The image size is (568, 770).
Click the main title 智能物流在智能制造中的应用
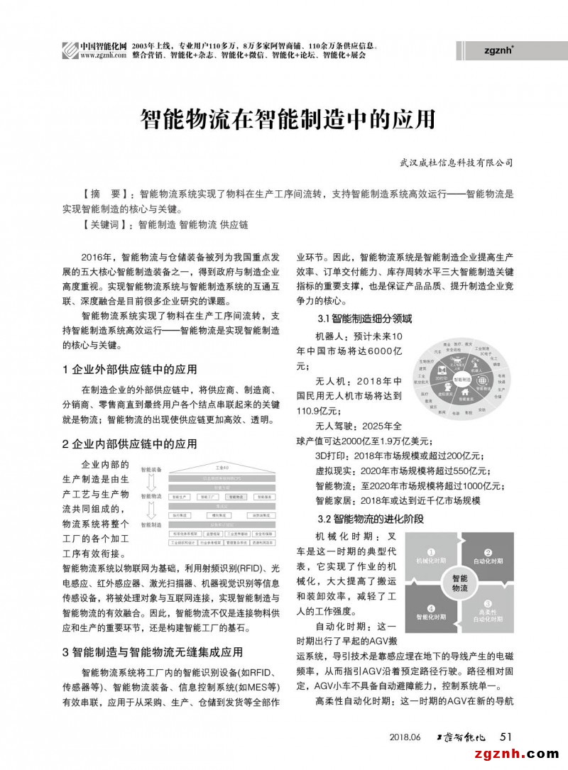tap(287, 119)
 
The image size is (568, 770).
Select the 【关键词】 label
tap(107, 224)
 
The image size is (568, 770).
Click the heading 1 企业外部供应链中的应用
tap(130, 369)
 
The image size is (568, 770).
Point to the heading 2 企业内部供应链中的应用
tap(130, 444)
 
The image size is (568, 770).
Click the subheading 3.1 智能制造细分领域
tap(364, 319)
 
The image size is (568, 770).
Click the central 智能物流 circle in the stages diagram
tap(460, 584)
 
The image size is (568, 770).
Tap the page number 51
tap(506, 736)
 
